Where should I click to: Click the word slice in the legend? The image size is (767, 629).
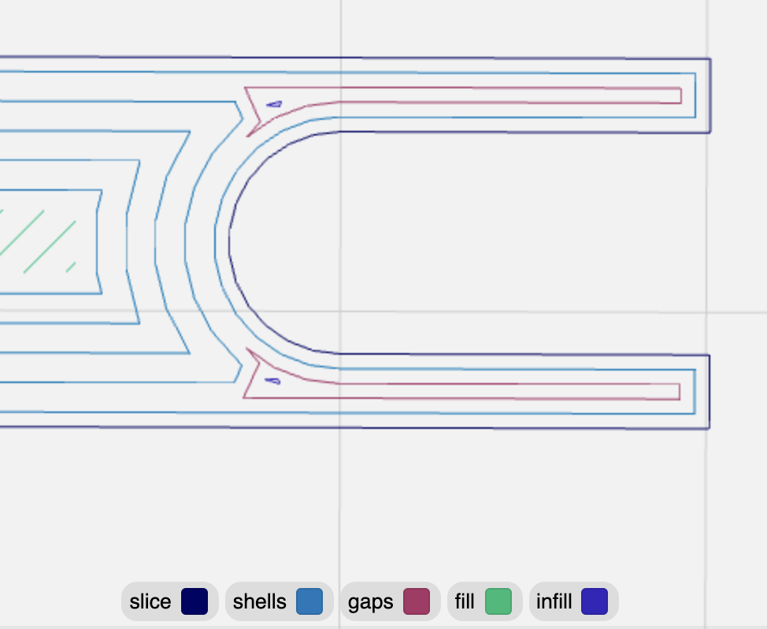150,602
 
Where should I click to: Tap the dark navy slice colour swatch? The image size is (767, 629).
194,601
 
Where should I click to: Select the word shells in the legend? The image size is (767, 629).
259,602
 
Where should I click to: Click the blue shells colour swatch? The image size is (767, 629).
309,601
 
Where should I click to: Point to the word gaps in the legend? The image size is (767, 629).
370,602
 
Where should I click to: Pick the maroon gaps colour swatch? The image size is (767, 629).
417,601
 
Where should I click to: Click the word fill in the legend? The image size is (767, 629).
464,602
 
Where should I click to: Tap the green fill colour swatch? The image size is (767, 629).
498,601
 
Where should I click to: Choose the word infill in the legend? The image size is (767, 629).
554,602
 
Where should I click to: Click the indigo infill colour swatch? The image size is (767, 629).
595,601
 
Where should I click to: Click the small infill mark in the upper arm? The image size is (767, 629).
274,103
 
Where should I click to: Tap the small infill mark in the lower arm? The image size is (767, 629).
272,381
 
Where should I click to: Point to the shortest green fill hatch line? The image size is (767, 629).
71,267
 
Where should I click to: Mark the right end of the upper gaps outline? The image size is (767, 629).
680,95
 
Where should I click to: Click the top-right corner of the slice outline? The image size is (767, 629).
710,59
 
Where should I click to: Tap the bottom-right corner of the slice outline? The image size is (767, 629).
710,428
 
